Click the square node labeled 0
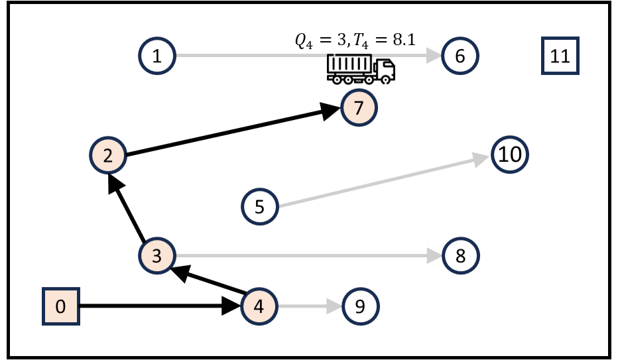coord(61,307)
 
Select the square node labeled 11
coord(560,56)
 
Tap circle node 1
coord(156,56)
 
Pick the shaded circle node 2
coord(107,156)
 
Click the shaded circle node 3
coord(157,256)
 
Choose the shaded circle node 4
coord(259,306)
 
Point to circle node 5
coord(259,206)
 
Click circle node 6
coord(460,56)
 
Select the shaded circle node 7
coord(359,107)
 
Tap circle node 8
coord(460,256)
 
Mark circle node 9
coord(359,306)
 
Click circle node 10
coord(509,155)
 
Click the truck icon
coord(361,70)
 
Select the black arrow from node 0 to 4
coord(159,306)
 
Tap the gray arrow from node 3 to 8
coord(305,256)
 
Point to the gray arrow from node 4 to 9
coord(308,306)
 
